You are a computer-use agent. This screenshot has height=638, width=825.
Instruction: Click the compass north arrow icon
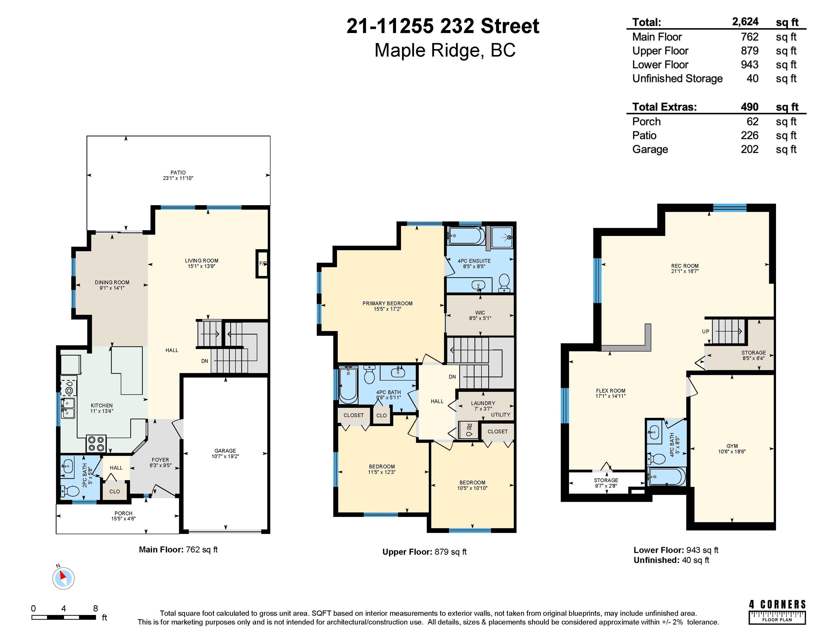[63, 578]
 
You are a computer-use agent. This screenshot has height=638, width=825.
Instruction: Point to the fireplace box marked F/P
[262, 263]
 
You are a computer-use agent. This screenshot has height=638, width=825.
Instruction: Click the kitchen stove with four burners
[96, 444]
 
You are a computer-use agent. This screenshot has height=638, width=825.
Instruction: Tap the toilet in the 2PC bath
[70, 491]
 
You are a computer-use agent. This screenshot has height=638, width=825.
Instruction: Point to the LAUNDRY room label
[483, 403]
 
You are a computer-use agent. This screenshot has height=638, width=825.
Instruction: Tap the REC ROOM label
[685, 266]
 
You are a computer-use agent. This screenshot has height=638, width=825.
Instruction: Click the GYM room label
[732, 446]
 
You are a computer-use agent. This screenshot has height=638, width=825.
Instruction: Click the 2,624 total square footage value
[745, 22]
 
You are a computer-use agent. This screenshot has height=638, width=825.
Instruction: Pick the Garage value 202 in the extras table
[749, 149]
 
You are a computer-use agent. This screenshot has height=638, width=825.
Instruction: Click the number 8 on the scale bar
[95, 608]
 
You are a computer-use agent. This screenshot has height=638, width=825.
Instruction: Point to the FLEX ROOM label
[611, 390]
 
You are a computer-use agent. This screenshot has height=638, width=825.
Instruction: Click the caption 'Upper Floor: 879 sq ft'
[424, 552]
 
